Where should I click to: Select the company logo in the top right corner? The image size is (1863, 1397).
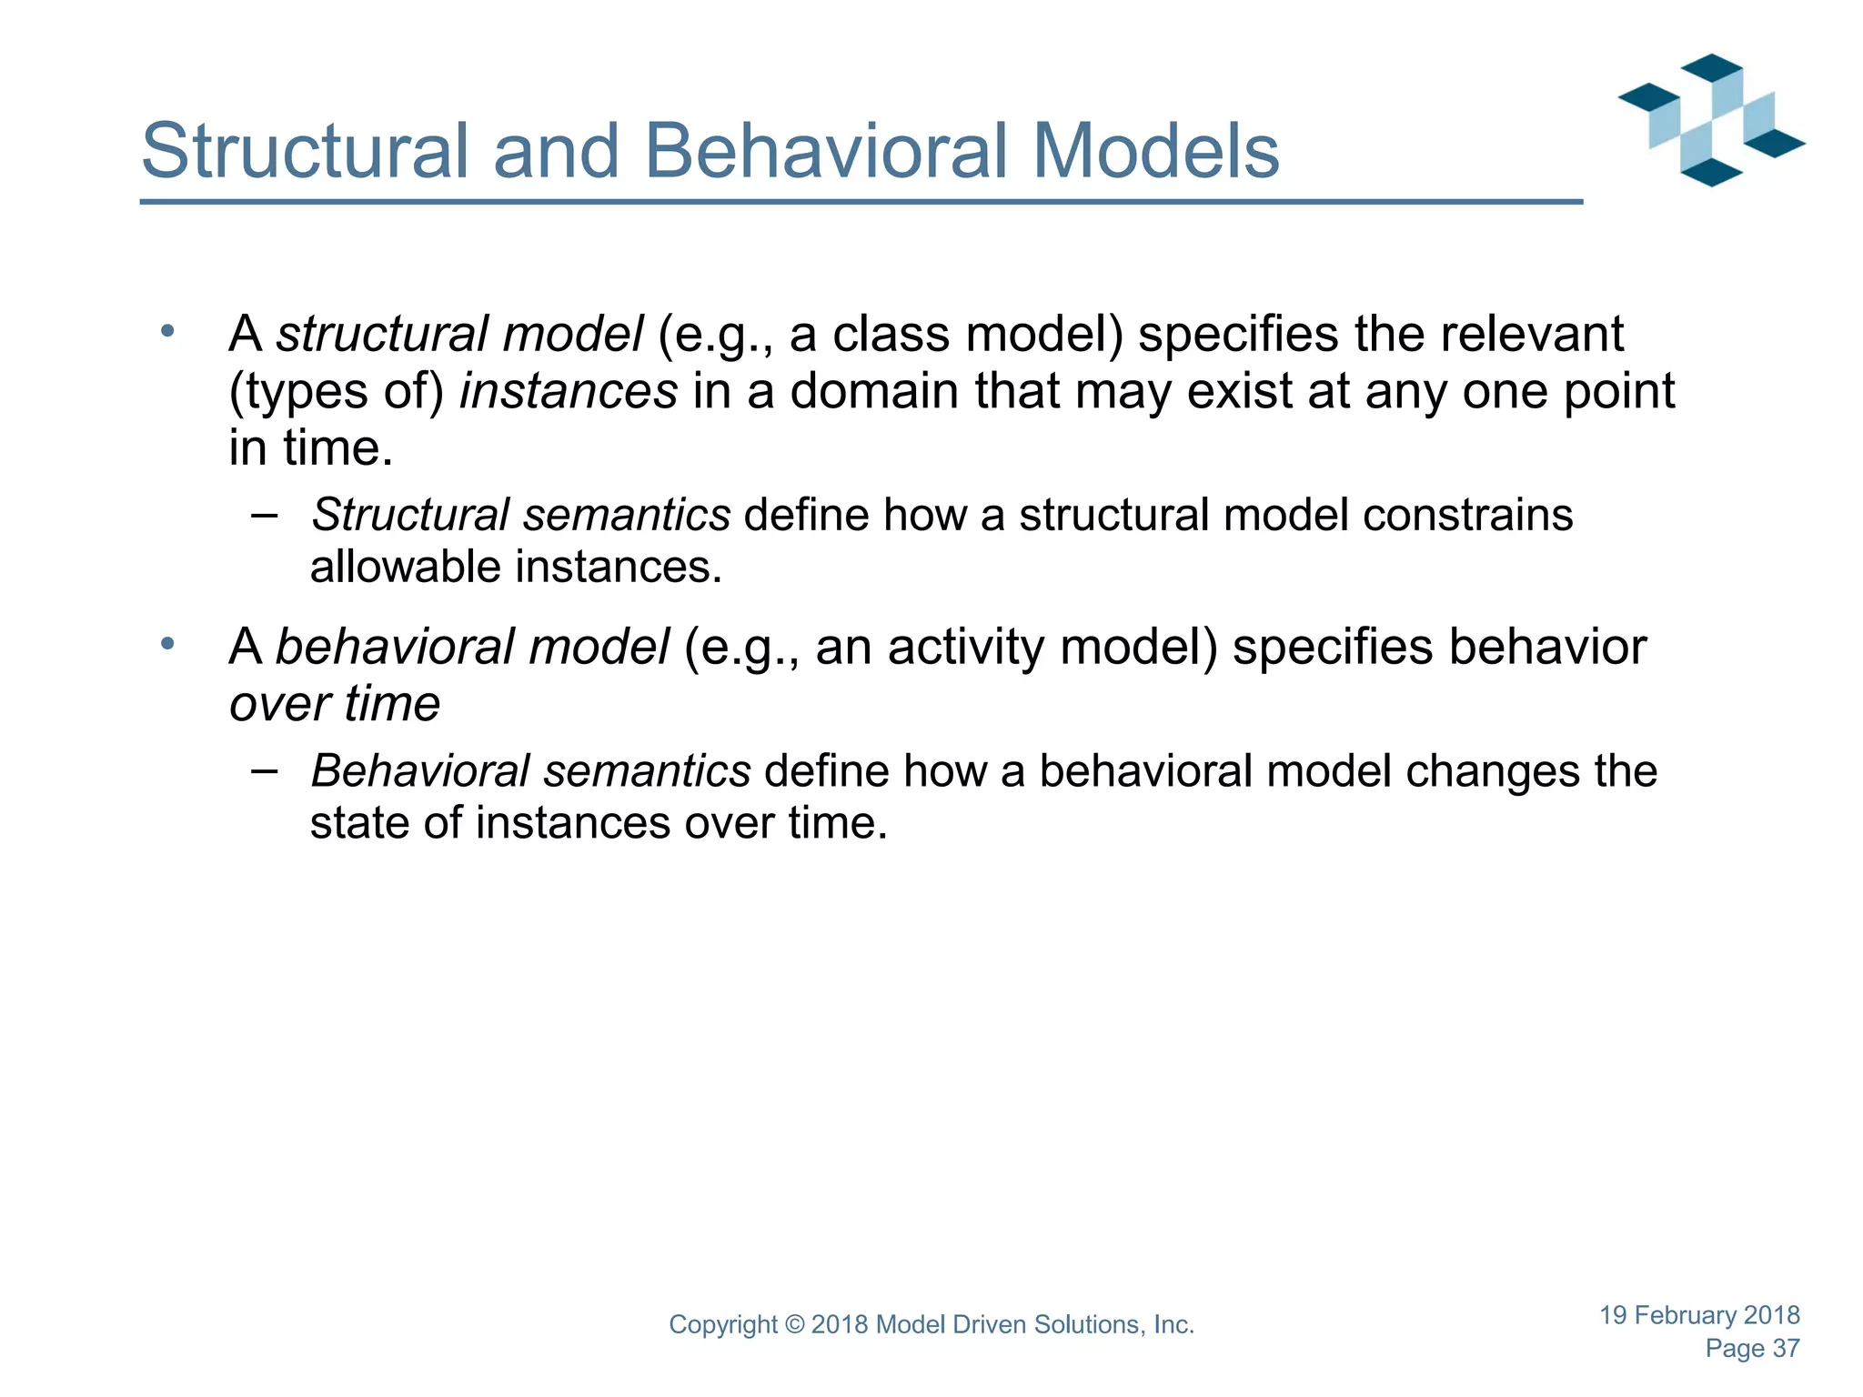point(1710,120)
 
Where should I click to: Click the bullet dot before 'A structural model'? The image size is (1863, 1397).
point(167,331)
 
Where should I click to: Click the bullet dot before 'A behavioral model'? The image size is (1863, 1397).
point(167,644)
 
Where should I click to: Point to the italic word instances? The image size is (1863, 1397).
point(569,391)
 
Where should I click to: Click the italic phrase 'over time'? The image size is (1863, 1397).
point(334,704)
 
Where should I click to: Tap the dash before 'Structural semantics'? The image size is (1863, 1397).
point(264,515)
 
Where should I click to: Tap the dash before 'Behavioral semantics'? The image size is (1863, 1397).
point(264,771)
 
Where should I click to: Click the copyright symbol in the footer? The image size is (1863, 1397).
point(794,1325)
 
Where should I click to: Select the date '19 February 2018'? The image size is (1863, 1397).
point(1699,1315)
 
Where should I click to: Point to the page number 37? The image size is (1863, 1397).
point(1786,1349)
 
